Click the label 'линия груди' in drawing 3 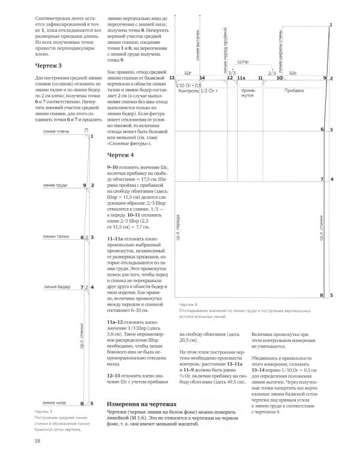coord(55,185)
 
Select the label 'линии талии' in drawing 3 coord(55,237)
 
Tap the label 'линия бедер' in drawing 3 coord(55,287)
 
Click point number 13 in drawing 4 coord(172,79)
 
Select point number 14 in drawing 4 coord(202,79)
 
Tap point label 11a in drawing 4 coord(241,79)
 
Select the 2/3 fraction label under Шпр coord(272,73)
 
